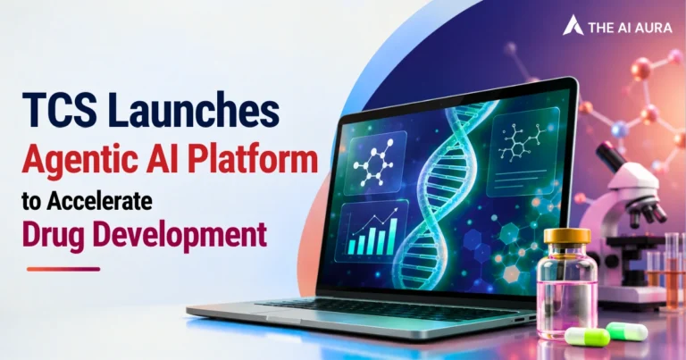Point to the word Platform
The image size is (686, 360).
point(254,159)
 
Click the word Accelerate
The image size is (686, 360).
point(100,201)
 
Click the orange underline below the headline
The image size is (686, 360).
point(63,269)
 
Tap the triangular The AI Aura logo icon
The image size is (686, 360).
point(573,25)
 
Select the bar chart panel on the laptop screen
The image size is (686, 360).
point(372,231)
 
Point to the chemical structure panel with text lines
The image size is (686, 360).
point(523,151)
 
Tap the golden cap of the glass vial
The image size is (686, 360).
point(567,237)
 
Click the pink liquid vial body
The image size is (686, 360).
point(567,293)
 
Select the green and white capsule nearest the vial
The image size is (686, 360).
point(587,337)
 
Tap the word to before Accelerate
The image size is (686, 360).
point(32,202)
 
